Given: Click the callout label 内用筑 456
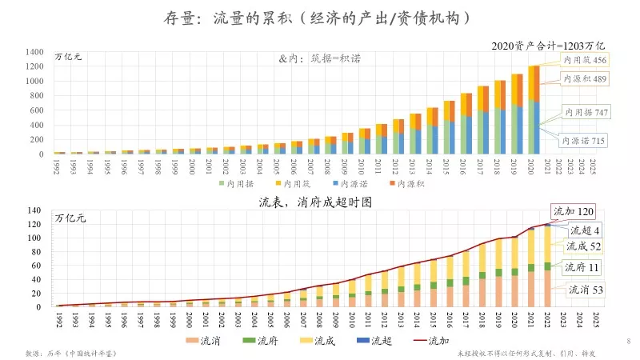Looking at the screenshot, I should [x=584, y=61].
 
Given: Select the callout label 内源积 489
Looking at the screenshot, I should [x=584, y=78].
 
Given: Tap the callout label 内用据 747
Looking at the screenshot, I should [x=586, y=113].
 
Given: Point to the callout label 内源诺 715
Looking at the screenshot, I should [x=586, y=141].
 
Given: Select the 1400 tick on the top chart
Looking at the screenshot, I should [x=34, y=52].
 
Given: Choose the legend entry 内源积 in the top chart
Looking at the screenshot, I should [x=407, y=183].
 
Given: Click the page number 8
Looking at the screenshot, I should [x=628, y=342].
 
